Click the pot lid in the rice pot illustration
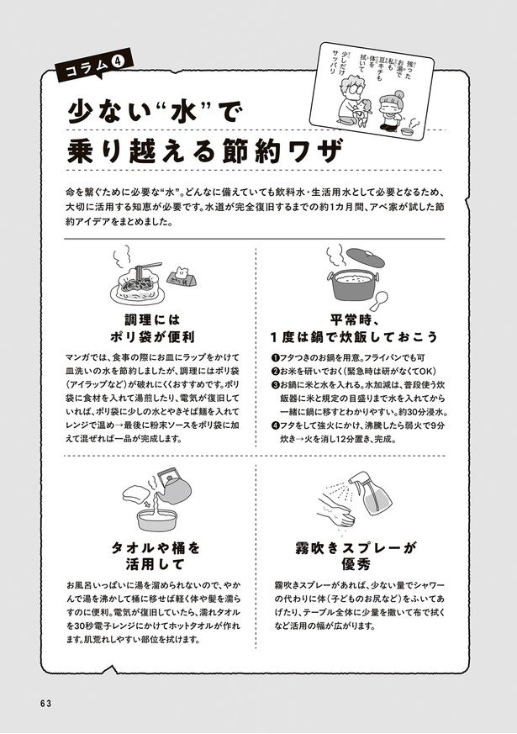366,257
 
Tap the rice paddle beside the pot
379,300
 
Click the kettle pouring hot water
172,487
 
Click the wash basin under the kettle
158,520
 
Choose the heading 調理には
152,320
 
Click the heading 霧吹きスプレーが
356,547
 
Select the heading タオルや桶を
155,547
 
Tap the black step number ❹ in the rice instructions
275,426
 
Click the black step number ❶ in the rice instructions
275,358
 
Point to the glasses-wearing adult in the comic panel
350,102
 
